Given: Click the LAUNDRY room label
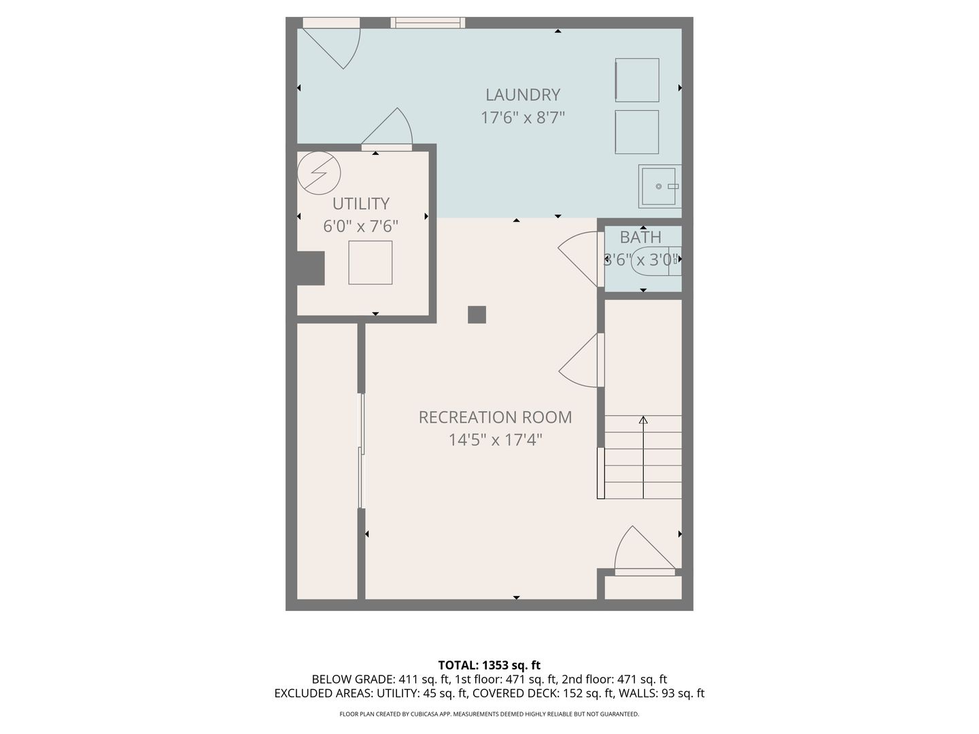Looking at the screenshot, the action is click(522, 95).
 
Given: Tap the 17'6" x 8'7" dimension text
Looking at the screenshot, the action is click(522, 118).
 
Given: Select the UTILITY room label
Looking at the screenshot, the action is click(361, 204).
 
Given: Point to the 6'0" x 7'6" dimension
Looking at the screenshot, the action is click(360, 226).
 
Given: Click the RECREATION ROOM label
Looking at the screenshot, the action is click(495, 417).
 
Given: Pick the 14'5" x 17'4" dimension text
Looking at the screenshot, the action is click(495, 440).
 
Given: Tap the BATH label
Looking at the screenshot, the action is click(640, 238).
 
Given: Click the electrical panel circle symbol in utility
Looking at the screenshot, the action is click(319, 173).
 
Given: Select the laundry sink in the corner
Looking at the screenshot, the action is click(659, 186).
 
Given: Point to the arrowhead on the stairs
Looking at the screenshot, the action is click(643, 419).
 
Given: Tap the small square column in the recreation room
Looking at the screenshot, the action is click(477, 315).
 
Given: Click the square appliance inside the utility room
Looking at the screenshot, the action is click(371, 262).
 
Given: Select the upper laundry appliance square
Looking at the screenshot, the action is click(637, 80).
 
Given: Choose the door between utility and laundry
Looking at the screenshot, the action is click(387, 129).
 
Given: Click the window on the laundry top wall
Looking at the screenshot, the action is click(428, 22).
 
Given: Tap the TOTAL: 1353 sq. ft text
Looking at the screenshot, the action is click(489, 665).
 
